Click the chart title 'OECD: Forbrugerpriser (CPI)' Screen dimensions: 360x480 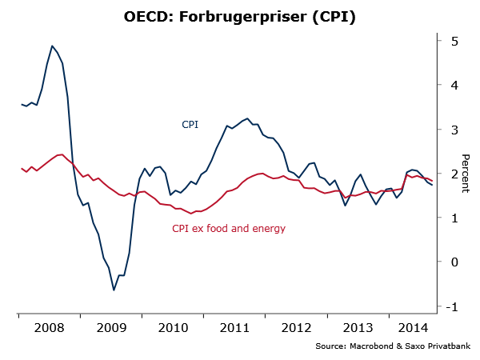click(239, 16)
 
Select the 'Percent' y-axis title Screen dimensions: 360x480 click(466, 173)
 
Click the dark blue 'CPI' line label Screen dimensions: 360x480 click(190, 125)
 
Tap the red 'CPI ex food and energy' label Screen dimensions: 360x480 click(229, 229)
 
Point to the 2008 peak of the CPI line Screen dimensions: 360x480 click(52, 46)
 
